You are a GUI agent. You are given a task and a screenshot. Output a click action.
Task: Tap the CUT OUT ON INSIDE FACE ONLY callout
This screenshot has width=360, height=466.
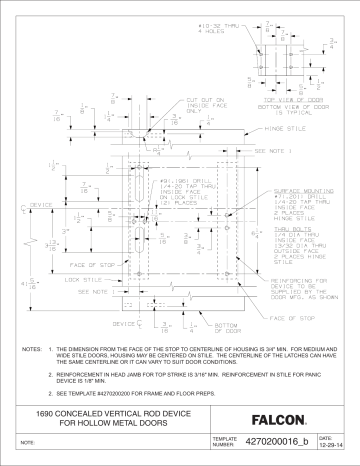178,105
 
